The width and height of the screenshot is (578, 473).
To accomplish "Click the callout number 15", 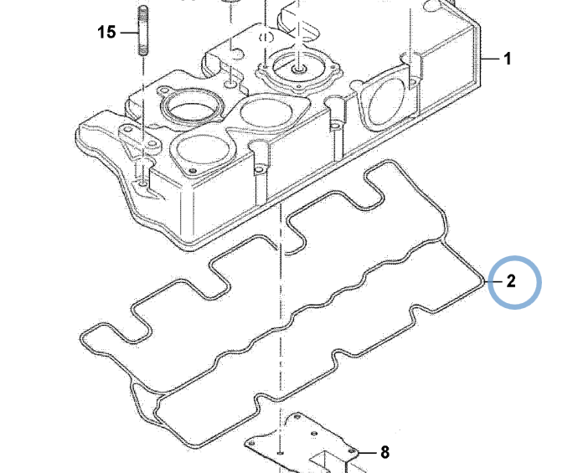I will pyautogui.click(x=106, y=33).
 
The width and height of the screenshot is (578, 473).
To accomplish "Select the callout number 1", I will pyautogui.click(x=507, y=59).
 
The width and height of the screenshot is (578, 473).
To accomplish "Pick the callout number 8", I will pyautogui.click(x=384, y=453).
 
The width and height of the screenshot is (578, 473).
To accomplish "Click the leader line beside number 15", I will pyautogui.click(x=126, y=33).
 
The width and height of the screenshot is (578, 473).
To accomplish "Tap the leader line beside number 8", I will pyautogui.click(x=366, y=453).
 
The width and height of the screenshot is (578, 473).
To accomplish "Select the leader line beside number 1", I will pyautogui.click(x=493, y=59).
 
